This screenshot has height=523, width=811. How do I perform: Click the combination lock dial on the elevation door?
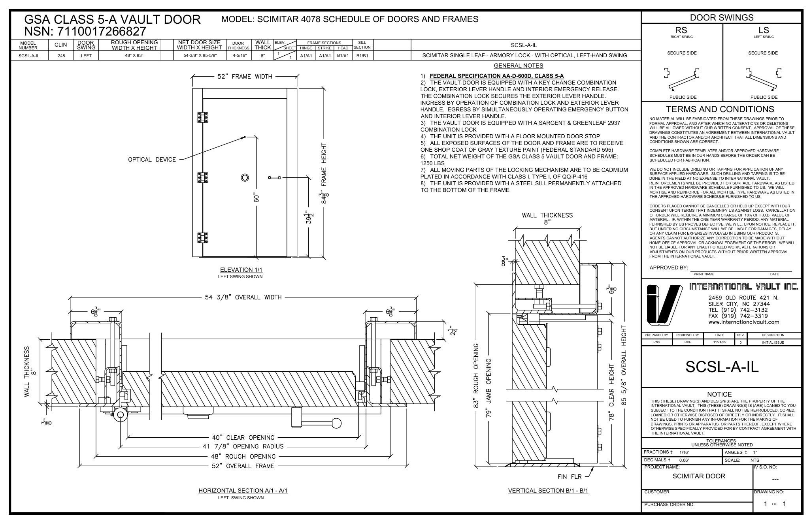click(245, 178)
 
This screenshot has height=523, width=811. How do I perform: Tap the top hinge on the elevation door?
click(203, 118)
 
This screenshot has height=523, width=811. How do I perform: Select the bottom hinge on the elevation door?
click(203, 237)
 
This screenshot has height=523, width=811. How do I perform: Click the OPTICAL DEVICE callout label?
click(152, 160)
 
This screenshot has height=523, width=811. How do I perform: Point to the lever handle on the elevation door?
click(274, 177)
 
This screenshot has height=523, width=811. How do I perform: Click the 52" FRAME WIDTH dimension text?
click(245, 77)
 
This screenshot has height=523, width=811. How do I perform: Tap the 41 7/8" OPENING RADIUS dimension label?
click(243, 447)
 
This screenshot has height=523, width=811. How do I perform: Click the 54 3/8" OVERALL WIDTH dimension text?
click(243, 297)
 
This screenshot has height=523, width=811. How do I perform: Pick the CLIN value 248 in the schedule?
click(61, 56)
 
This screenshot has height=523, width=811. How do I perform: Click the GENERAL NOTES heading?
click(519, 66)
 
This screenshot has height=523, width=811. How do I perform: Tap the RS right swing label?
click(681, 30)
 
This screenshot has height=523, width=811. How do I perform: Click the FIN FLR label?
click(570, 477)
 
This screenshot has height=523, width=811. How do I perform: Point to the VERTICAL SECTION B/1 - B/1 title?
click(548, 491)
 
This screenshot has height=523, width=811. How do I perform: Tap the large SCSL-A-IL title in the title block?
click(722, 367)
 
